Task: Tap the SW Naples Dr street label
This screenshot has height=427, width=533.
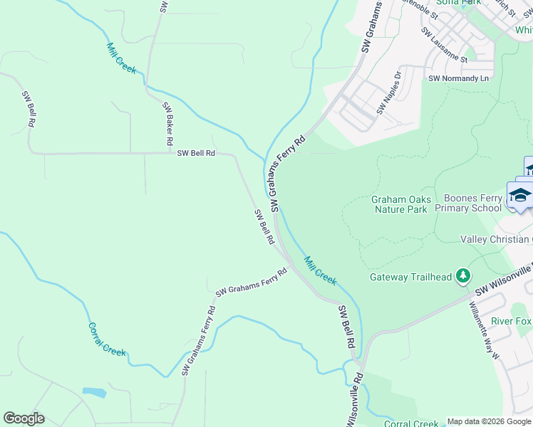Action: tap(389, 92)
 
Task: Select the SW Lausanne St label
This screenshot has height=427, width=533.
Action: tap(444, 45)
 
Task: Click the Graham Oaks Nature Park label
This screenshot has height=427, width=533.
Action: tap(400, 205)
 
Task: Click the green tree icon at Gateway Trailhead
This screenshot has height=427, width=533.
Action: tap(463, 275)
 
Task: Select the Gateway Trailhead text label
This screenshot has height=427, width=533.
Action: tap(410, 278)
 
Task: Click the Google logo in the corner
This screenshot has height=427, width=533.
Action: tap(24, 418)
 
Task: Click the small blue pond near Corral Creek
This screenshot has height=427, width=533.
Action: tap(94, 392)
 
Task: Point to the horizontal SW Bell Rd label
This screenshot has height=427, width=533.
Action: tap(196, 153)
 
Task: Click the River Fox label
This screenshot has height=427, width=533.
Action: tap(511, 322)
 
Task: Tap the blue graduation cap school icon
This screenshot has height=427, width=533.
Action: tap(520, 195)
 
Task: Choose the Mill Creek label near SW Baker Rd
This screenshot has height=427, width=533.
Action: tap(120, 58)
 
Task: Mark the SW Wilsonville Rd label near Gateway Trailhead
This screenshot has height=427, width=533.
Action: tap(503, 283)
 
